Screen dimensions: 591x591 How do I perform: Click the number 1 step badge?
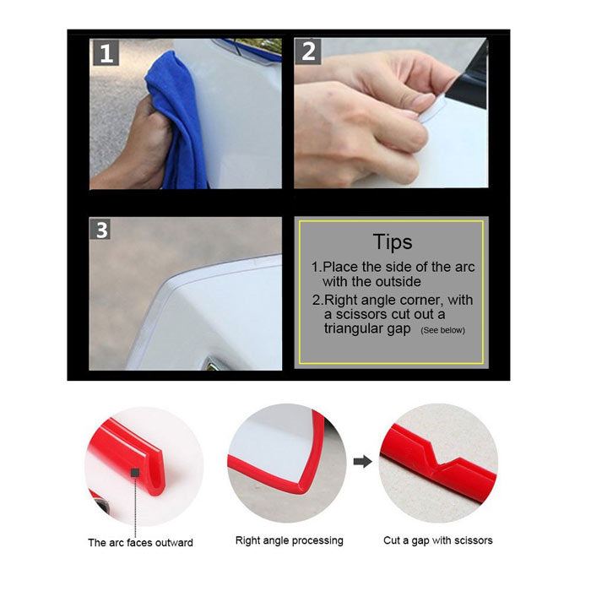(x=106, y=53)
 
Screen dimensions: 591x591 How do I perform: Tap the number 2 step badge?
(x=308, y=52)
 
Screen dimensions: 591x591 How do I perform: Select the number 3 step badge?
(x=102, y=230)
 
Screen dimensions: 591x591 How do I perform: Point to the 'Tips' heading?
(x=392, y=241)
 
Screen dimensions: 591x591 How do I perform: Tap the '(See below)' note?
(x=442, y=330)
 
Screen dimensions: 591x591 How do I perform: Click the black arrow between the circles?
(x=361, y=461)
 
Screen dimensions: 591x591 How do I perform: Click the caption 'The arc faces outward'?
(x=140, y=542)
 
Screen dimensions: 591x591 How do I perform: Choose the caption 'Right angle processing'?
(x=289, y=540)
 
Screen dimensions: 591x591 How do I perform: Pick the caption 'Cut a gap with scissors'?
(x=437, y=540)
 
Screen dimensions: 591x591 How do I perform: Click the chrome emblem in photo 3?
(x=211, y=364)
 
